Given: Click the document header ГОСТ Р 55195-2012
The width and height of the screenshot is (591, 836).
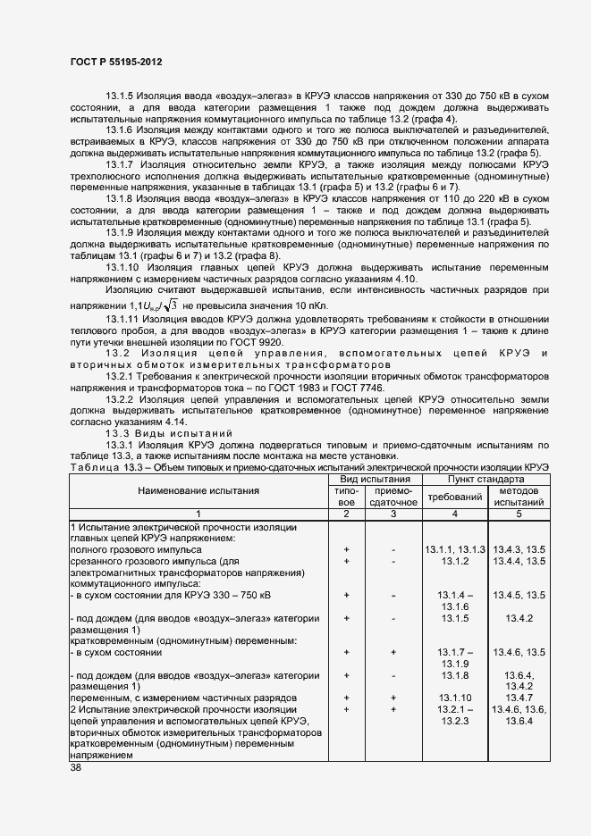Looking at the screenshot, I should pyautogui.click(x=111, y=63).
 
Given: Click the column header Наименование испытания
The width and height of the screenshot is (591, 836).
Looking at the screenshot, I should pyautogui.click(x=198, y=490).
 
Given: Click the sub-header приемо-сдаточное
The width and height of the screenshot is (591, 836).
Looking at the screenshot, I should pyautogui.click(x=393, y=497).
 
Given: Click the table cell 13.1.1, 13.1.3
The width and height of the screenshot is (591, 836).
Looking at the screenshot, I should pyautogui.click(x=454, y=548).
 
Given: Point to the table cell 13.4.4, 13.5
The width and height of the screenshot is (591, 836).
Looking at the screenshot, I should pyautogui.click(x=519, y=560).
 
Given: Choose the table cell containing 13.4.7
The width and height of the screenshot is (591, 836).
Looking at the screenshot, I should pyautogui.click(x=519, y=697).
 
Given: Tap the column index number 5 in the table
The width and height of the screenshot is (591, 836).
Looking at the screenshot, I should pyautogui.click(x=519, y=514).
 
